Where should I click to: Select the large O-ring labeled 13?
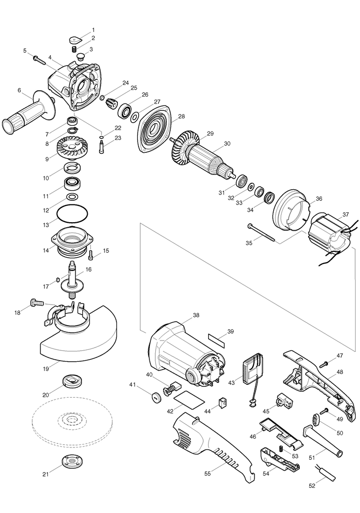[x=72, y=216]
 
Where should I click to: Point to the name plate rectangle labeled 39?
[x=216, y=340]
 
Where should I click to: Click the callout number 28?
[x=181, y=117]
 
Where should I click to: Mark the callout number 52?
[x=311, y=486]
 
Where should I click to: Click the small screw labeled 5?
[x=39, y=59]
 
